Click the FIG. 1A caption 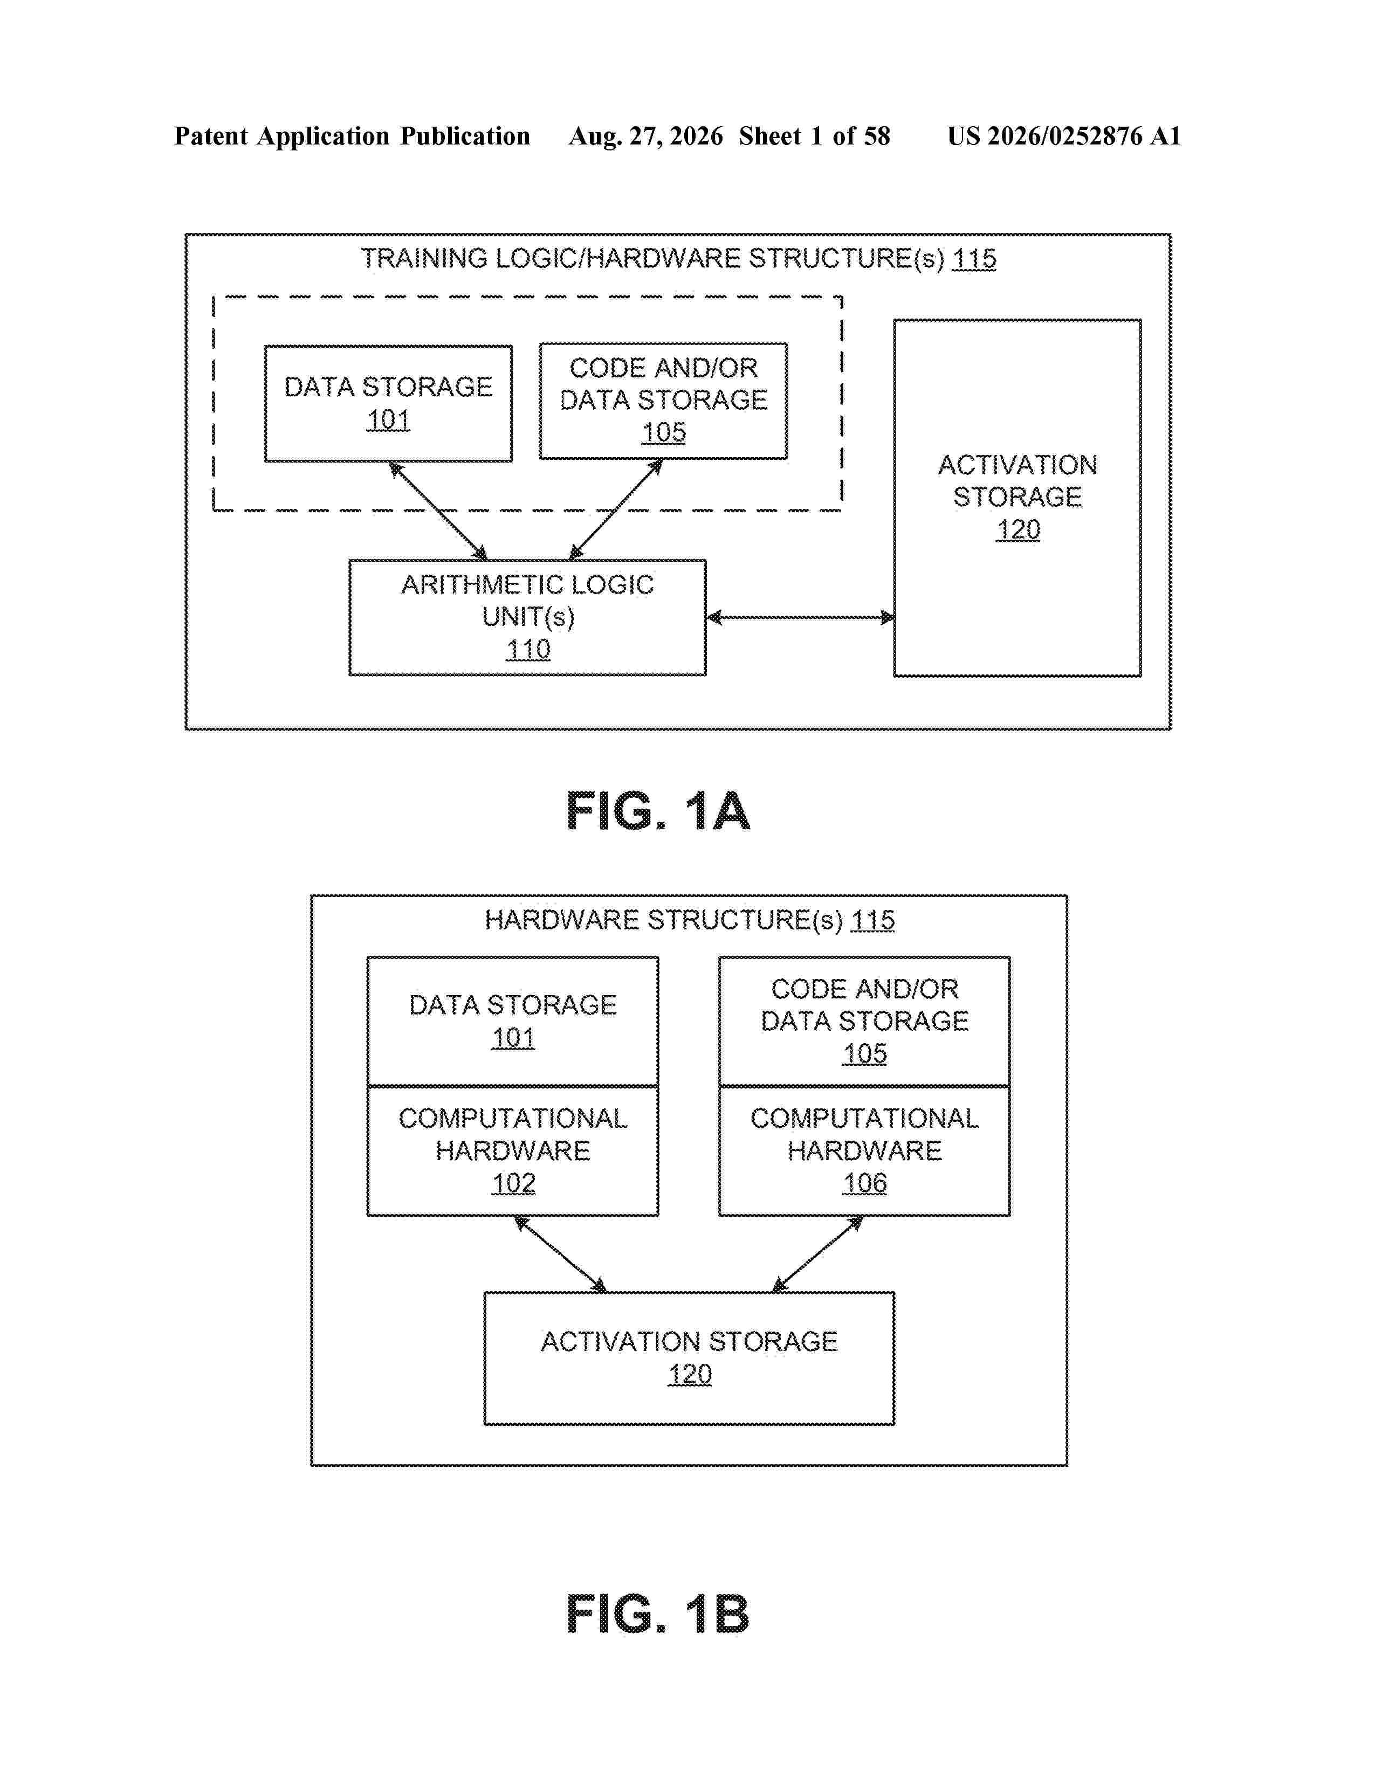(x=657, y=811)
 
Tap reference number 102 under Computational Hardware (x=513, y=1183)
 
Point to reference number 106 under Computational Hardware (x=864, y=1183)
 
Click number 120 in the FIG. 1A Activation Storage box (x=1017, y=529)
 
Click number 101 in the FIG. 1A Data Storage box (x=388, y=419)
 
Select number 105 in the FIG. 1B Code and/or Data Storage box (x=864, y=1053)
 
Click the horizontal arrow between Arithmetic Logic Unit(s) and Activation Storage (x=800, y=617)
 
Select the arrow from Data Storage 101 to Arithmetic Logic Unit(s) (x=438, y=511)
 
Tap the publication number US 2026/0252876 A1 (x=1064, y=136)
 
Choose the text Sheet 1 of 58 (x=815, y=136)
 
